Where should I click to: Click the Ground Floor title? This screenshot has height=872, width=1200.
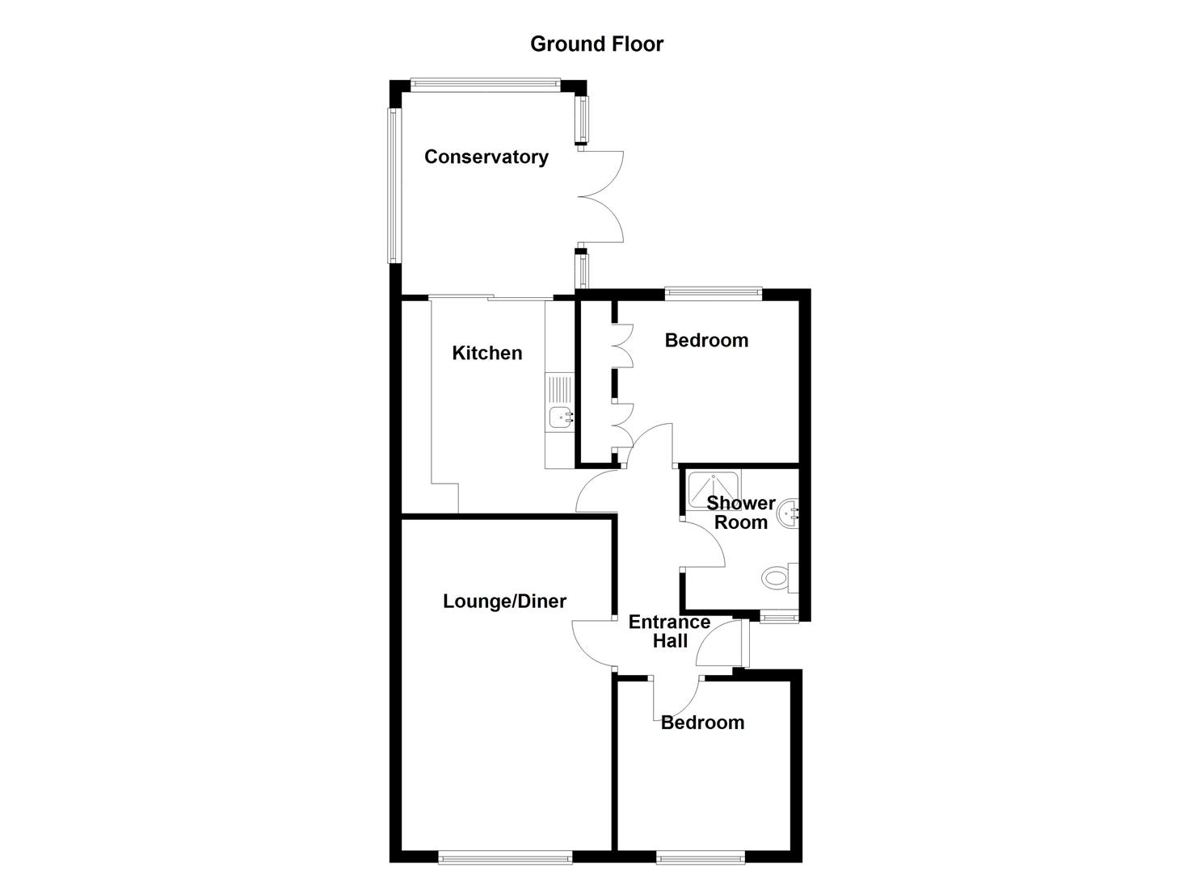pyautogui.click(x=596, y=44)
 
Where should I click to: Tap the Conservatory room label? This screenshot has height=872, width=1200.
pyautogui.click(x=486, y=157)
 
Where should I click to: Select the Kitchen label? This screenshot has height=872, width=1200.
pyautogui.click(x=486, y=353)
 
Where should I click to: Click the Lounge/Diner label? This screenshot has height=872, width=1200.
pyautogui.click(x=504, y=601)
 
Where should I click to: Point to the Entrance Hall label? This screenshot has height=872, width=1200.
pyautogui.click(x=669, y=631)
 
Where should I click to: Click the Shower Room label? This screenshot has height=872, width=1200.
pyautogui.click(x=740, y=513)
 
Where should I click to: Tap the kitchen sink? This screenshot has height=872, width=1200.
pyautogui.click(x=559, y=417)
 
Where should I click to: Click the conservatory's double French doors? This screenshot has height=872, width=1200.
pyautogui.click(x=601, y=196)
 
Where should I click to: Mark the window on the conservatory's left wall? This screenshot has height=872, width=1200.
pyautogui.click(x=394, y=186)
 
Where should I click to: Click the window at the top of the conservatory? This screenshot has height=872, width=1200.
pyautogui.click(x=484, y=82)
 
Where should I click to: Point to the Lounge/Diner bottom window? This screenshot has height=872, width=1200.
pyautogui.click(x=505, y=857)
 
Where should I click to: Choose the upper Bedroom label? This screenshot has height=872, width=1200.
pyautogui.click(x=706, y=340)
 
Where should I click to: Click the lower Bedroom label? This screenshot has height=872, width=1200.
pyautogui.click(x=702, y=722)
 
